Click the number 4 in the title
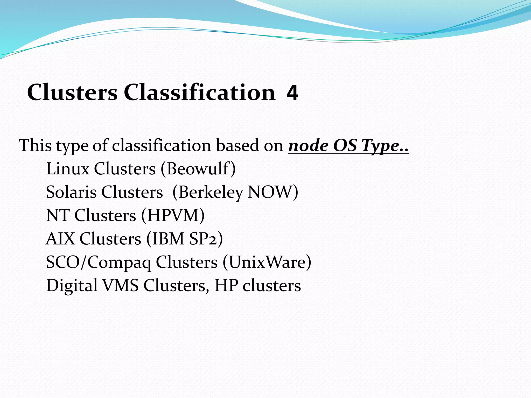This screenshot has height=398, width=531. [292, 93]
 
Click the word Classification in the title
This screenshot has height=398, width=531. [199, 93]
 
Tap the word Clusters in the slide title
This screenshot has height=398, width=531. [72, 93]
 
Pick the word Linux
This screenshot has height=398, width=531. [68, 169]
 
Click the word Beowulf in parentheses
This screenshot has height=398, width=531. [198, 169]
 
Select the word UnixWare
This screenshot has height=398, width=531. [267, 262]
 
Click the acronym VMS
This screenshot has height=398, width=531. [120, 285]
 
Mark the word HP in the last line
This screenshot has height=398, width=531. [226, 285]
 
